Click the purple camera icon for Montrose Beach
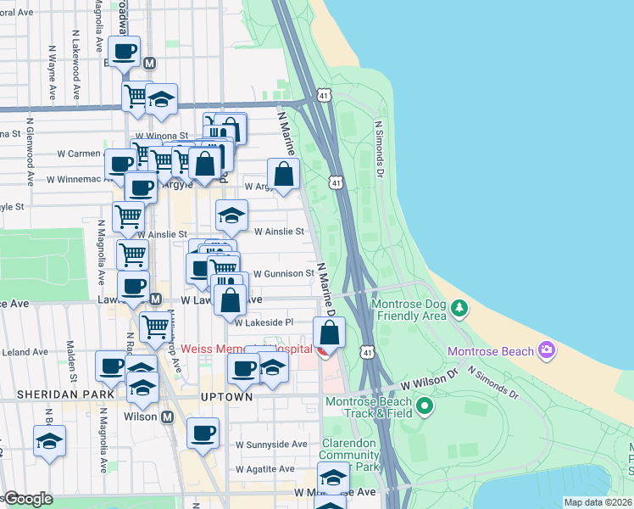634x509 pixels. click(x=547, y=350)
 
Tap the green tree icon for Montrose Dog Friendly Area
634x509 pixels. click(x=459, y=306)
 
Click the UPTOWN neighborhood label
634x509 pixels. click(x=226, y=397)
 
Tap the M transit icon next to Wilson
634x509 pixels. click(x=167, y=417)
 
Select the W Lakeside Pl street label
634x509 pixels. click(x=264, y=322)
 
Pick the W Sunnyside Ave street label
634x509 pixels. click(x=271, y=444)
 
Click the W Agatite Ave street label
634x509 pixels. click(x=271, y=468)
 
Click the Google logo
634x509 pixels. click(x=27, y=499)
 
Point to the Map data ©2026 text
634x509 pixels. click(x=598, y=502)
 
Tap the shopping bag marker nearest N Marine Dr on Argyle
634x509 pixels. click(x=285, y=175)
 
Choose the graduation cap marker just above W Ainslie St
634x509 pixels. click(x=231, y=215)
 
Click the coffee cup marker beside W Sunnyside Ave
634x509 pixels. click(x=203, y=433)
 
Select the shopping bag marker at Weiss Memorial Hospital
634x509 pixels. click(x=330, y=333)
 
